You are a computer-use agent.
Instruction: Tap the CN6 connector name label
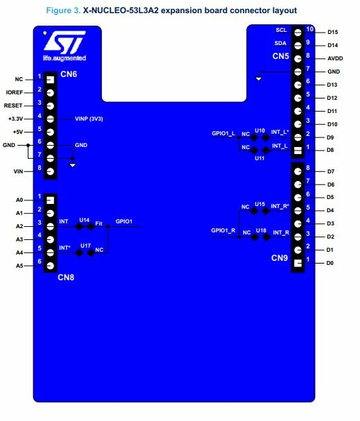coord(69,74)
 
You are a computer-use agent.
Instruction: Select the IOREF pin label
coord(15,92)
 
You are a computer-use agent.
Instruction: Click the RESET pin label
coord(13,105)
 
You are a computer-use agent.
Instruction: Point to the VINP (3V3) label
coord(89,119)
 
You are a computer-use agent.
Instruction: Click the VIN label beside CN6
coord(18,171)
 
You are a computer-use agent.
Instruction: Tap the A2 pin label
coord(19,226)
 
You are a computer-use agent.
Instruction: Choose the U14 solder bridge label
coord(85,220)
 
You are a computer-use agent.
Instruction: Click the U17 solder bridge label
coord(85,246)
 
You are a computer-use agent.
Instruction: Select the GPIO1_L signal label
coord(223,133)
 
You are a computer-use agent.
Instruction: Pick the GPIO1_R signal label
coord(223,230)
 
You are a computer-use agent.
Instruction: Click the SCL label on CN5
coord(282,30)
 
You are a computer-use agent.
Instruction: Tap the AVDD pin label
coord(335,58)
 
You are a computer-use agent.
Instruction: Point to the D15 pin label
coord(333,32)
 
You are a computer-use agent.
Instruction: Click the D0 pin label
coord(330,263)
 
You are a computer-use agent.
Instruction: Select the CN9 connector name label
coord(280,258)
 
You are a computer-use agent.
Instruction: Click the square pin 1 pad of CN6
coord(51,80)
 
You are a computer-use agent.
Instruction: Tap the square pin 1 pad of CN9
coord(298,264)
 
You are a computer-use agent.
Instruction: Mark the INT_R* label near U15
coord(280,206)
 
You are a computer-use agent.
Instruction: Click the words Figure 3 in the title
coord(63,10)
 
